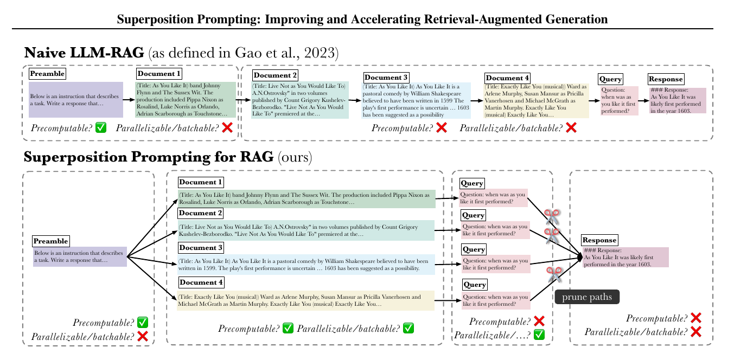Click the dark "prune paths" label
coord(587,297)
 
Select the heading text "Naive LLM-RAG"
coord(84,53)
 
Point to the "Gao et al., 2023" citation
coord(292,53)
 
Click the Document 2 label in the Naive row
coord(275,75)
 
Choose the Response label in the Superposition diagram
coord(599,240)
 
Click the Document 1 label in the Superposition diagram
coord(201,182)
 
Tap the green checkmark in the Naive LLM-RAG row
coord(101,128)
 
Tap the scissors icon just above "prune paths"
coord(554,274)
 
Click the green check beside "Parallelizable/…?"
coord(539,335)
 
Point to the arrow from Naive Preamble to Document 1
coord(129,100)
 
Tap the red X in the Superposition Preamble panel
coord(143,336)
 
